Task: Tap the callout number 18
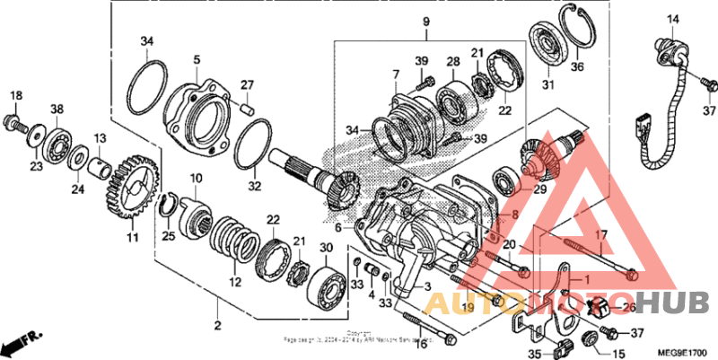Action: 15,96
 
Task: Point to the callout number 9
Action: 426,21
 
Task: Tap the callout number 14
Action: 673,19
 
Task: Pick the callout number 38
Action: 57,109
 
